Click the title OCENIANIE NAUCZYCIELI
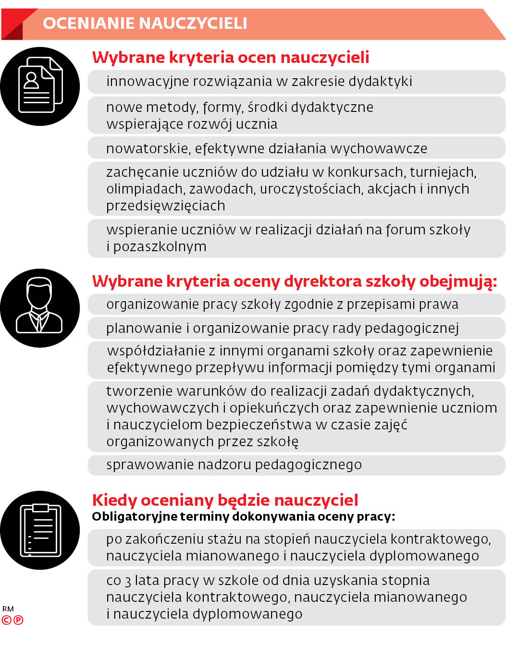[145, 23]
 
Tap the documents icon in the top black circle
[40, 85]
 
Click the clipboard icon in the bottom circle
[40, 530]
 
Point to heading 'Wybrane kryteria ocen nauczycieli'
[231, 57]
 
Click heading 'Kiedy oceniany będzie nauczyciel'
[225, 500]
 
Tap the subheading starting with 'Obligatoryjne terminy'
[243, 517]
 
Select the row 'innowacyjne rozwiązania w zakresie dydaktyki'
[259, 81]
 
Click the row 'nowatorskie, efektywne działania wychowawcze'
[267, 148]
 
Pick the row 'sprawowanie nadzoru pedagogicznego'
[234, 465]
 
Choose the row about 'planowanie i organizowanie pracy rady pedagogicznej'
[283, 328]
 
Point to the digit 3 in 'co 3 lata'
[128, 581]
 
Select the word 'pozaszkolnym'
[160, 247]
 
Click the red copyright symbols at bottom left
[12, 620]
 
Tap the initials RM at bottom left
[8, 609]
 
